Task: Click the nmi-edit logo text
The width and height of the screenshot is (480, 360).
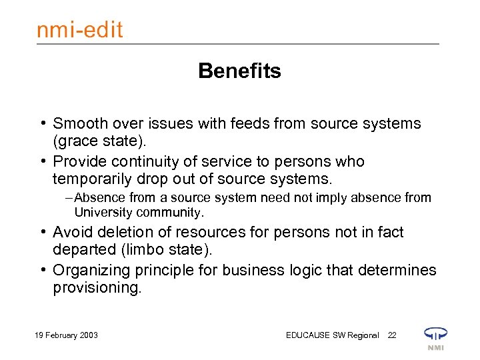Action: [x=79, y=29]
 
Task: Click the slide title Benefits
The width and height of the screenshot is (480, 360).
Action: [x=239, y=71]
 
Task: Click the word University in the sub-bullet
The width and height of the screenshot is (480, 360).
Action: [x=103, y=213]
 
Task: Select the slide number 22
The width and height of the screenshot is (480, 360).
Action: [x=392, y=335]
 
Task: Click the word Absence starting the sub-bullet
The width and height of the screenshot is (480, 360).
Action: [x=97, y=198]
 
